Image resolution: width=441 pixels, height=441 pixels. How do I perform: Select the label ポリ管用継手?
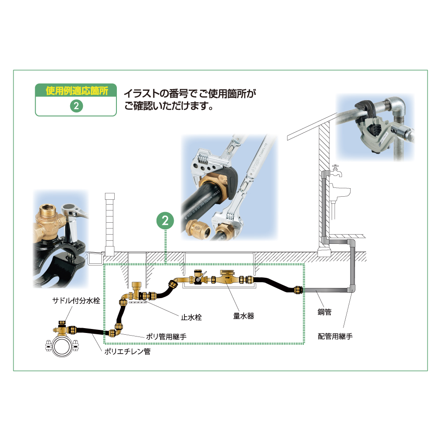click(166, 336)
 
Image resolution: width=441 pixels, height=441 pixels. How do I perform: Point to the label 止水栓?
click(191, 317)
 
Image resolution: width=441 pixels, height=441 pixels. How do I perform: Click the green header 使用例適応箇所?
click(76, 91)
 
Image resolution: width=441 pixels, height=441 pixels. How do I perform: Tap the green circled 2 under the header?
click(76, 106)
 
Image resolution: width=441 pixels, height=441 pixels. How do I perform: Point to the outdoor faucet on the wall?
click(336, 171)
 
